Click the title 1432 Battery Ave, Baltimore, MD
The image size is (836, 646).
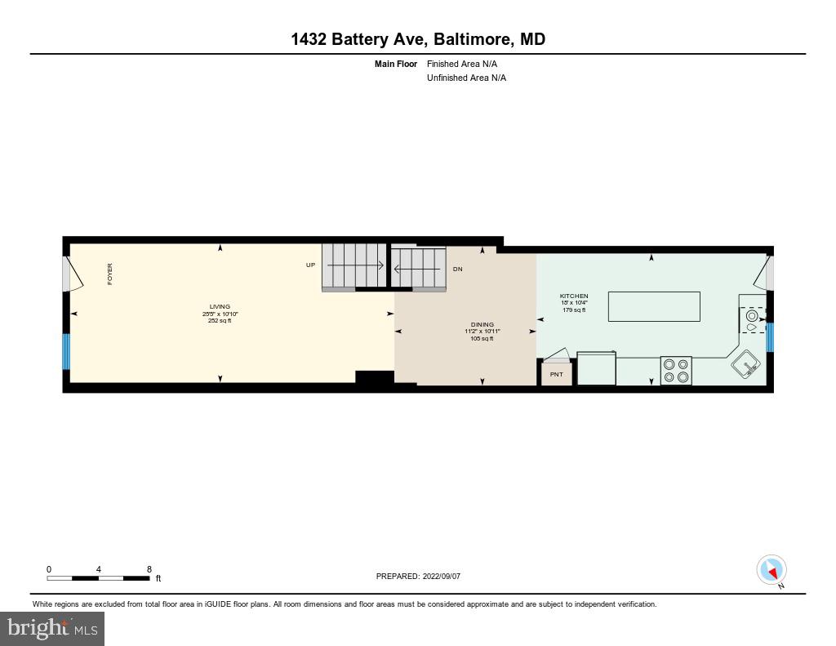click(x=418, y=39)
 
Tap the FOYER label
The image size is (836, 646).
click(x=110, y=274)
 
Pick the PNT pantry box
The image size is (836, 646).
click(x=557, y=374)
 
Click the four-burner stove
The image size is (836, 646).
click(x=676, y=370)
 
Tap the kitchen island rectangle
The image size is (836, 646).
click(x=654, y=306)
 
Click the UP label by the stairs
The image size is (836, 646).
click(x=310, y=265)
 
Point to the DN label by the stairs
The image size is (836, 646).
click(x=457, y=269)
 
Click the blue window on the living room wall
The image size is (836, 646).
click(x=67, y=351)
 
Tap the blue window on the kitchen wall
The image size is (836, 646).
click(x=769, y=336)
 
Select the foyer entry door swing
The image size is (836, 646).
click(x=73, y=274)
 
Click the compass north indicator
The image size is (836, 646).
click(x=772, y=570)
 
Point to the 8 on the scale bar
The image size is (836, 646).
click(x=149, y=569)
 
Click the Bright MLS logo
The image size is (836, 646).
click(x=52, y=629)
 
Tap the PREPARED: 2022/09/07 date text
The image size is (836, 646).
click(x=418, y=577)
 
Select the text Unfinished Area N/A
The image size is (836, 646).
click(x=466, y=78)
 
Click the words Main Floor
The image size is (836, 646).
click(x=395, y=64)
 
